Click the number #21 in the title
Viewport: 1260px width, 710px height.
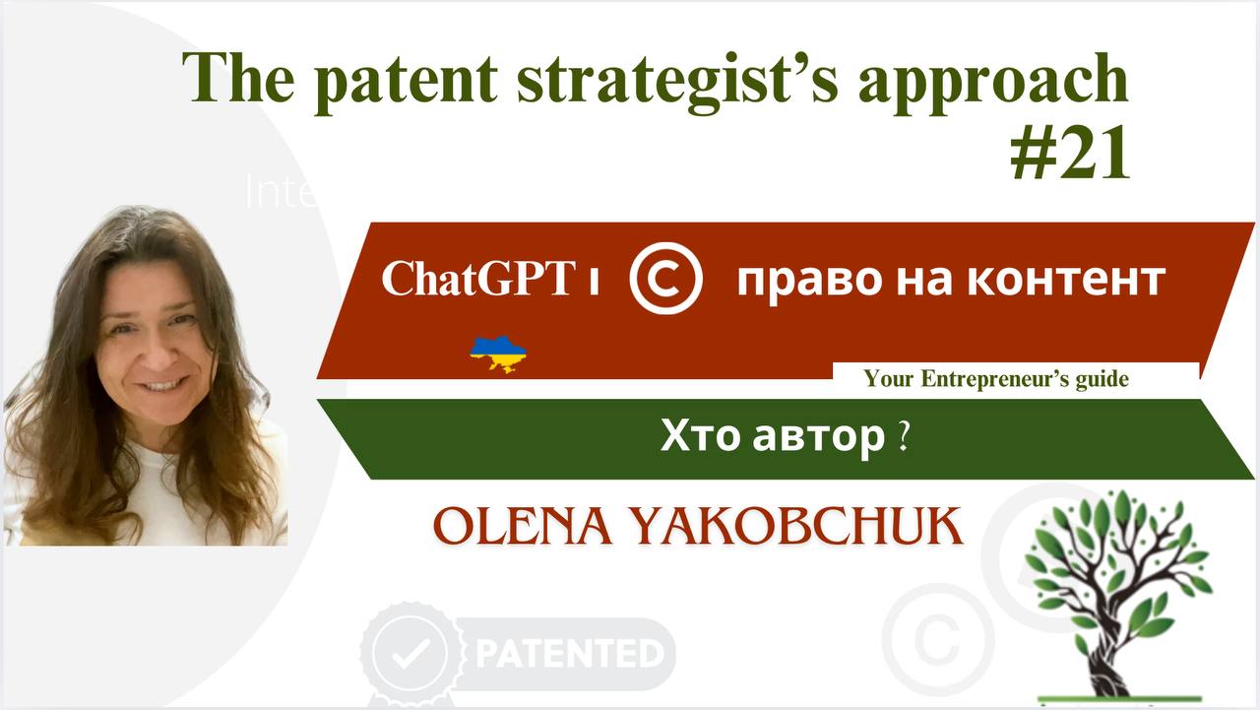[x=1069, y=155]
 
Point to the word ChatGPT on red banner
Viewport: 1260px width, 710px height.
[x=476, y=280]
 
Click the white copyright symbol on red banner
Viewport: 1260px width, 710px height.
[x=666, y=280]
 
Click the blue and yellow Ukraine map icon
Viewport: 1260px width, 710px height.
[x=498, y=354]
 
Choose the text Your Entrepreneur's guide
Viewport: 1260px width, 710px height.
[x=995, y=379]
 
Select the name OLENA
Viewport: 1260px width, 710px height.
[x=515, y=528]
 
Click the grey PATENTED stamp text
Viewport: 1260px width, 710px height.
[x=569, y=653]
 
